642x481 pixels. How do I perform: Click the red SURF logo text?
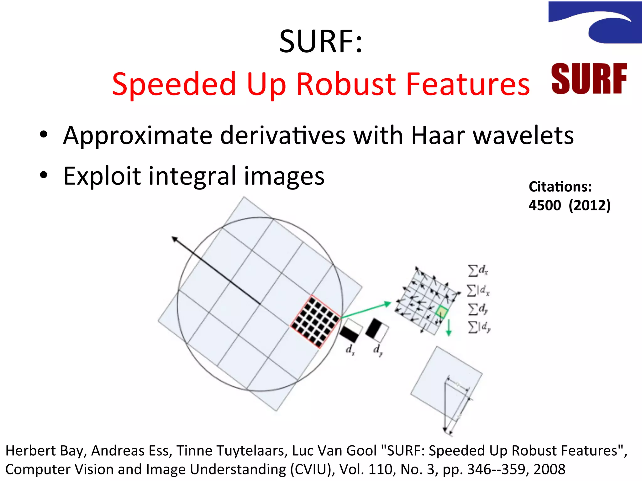(589, 79)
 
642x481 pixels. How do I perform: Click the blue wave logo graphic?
(596, 22)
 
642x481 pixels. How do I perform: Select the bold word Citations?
(560, 187)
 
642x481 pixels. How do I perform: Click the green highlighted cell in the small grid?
(442, 312)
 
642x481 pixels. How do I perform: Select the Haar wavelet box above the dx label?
(351, 331)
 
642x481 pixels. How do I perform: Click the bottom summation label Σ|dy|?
(479, 328)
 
